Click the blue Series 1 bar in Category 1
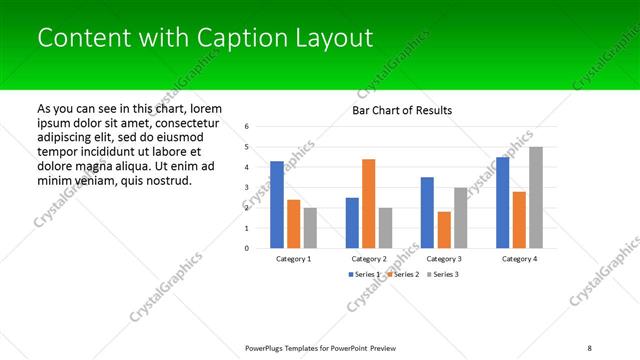coord(277,204)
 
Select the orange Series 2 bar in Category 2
coord(369,203)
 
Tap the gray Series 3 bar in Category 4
coord(536,197)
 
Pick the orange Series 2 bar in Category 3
coord(444,230)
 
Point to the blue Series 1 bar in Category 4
coord(502,202)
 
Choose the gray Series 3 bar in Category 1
coord(310,228)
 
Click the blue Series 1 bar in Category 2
coord(352,222)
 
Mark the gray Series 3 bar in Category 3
coord(460,217)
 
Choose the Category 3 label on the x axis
coord(444,259)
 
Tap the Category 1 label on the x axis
coord(294,259)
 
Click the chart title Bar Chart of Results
coord(402,110)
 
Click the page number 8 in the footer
coord(589,347)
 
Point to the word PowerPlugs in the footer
coord(268,347)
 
